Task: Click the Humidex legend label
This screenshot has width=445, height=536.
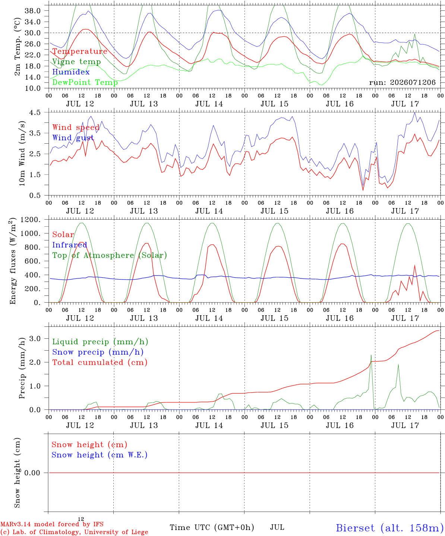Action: [71, 72]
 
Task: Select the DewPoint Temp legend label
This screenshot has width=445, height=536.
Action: [85, 82]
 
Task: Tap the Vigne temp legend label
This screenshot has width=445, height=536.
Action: [77, 62]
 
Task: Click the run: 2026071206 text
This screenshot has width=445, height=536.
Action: [402, 82]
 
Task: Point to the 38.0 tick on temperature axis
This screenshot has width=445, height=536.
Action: [32, 11]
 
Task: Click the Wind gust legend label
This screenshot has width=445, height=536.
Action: [73, 138]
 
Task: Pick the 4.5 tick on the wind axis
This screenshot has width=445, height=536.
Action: [35, 112]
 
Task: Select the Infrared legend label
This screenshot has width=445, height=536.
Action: [70, 245]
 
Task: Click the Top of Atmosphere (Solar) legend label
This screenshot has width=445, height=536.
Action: [110, 255]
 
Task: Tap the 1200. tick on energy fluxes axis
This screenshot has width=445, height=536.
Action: [30, 220]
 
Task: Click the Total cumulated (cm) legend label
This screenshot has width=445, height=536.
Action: [100, 362]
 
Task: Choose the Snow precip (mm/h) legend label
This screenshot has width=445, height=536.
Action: [98, 352]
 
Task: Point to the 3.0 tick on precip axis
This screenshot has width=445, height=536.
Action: [35, 338]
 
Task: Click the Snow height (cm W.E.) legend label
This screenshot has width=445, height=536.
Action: [100, 454]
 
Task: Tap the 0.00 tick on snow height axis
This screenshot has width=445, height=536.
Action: [32, 473]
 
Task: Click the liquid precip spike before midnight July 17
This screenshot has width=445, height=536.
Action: [371, 355]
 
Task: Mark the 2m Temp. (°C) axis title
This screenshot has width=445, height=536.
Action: [17, 47]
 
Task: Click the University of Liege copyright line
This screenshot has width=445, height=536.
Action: [74, 532]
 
